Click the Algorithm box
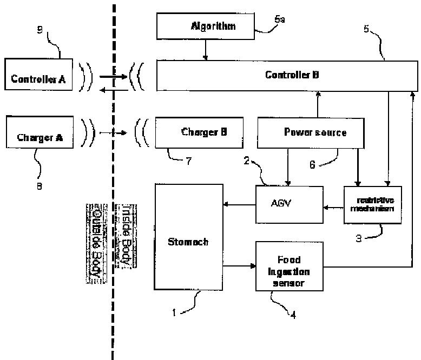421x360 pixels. click(x=206, y=26)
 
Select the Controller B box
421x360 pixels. click(x=287, y=75)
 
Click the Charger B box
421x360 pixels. click(x=198, y=132)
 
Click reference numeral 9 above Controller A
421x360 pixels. click(x=40, y=30)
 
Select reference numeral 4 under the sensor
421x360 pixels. click(x=293, y=315)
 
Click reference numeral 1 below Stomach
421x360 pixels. click(x=174, y=312)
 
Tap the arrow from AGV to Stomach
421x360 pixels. click(x=239, y=204)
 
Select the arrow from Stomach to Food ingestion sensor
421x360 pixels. click(x=239, y=266)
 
